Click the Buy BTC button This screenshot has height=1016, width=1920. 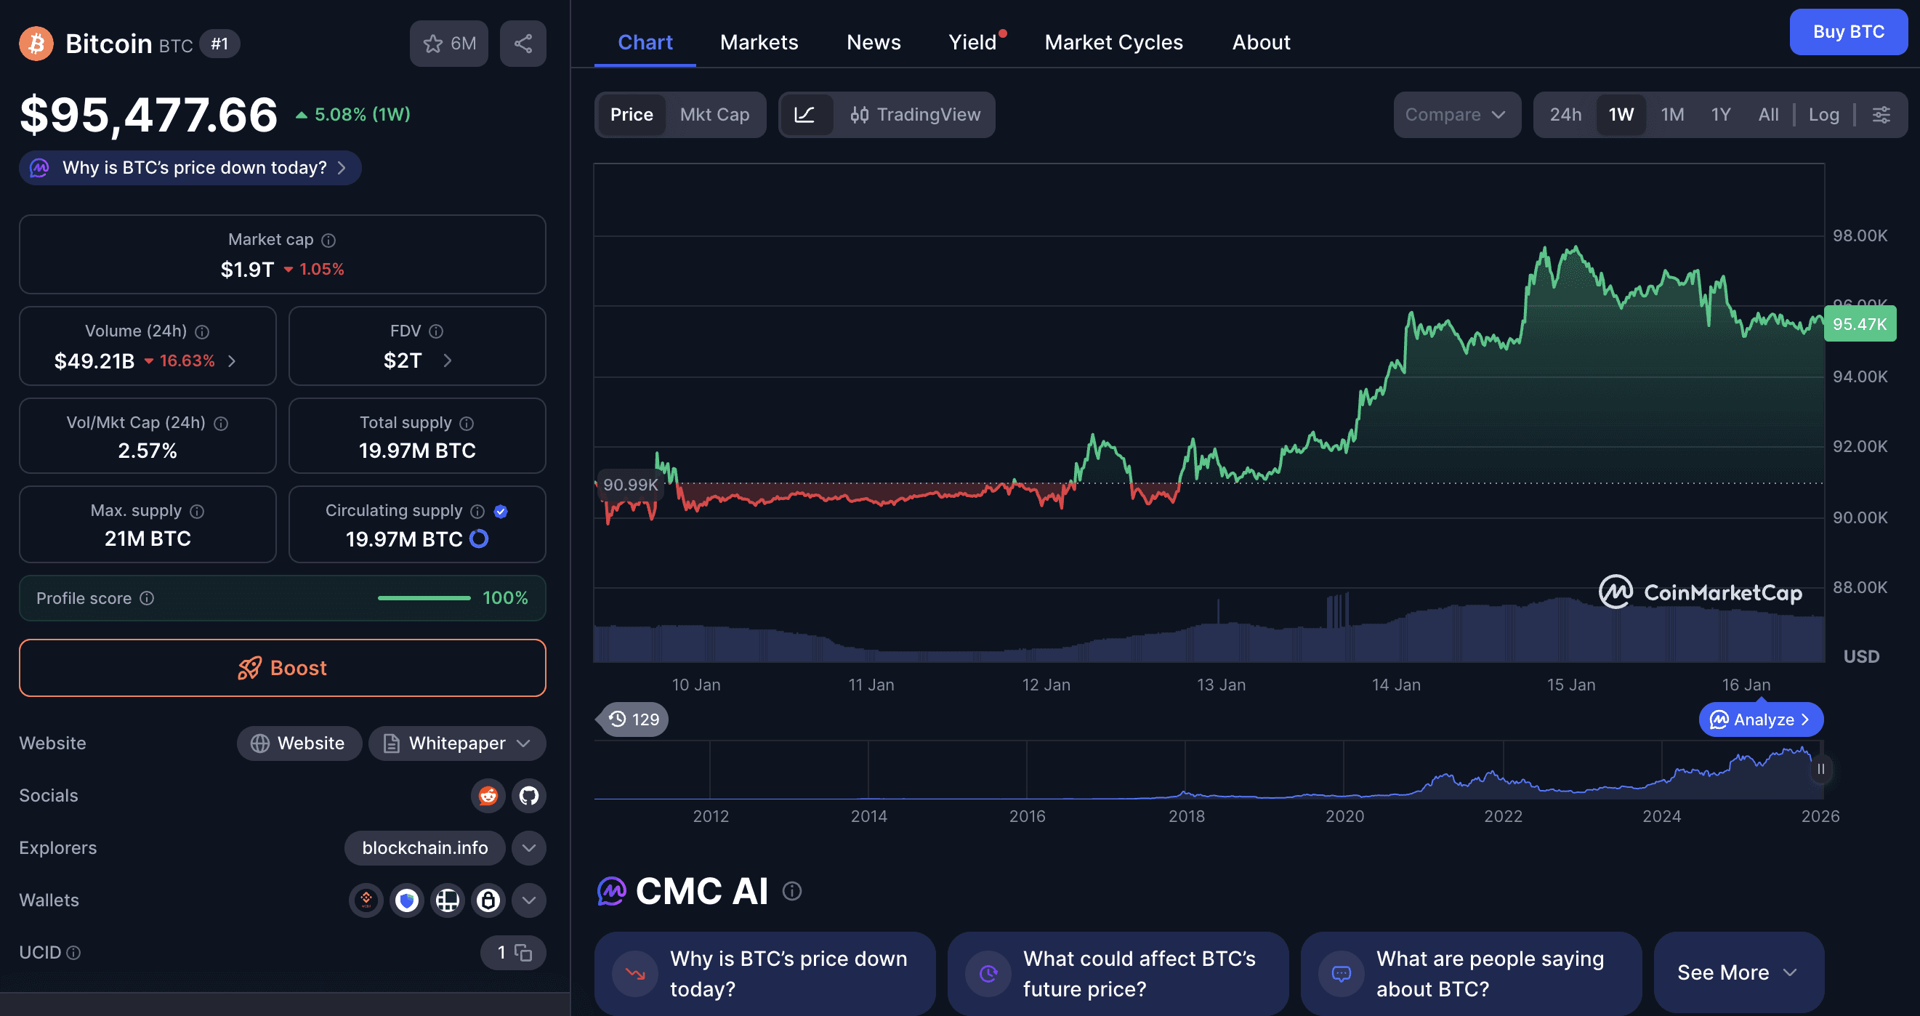click(1848, 32)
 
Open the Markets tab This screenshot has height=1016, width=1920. click(759, 42)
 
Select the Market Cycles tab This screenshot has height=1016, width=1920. click(1113, 42)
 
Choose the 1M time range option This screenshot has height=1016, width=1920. click(1671, 115)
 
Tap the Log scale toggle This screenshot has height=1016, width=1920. click(1823, 115)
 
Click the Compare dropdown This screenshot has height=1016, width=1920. click(1456, 115)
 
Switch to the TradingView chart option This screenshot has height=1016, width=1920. click(915, 115)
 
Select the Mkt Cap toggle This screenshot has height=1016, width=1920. click(714, 115)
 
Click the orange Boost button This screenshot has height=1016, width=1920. click(283, 668)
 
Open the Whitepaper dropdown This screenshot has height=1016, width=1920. click(457, 743)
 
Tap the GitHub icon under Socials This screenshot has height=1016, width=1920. click(528, 795)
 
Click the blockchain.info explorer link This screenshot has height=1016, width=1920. click(425, 847)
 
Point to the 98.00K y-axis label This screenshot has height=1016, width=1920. click(1860, 235)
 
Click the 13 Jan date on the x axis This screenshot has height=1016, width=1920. click(1221, 685)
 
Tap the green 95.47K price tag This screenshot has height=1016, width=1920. click(1859, 324)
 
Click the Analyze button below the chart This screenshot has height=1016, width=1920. click(1761, 719)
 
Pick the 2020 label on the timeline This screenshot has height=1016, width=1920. click(1344, 816)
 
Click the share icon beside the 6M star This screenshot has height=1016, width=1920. click(523, 43)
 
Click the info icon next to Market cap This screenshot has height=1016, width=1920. click(328, 240)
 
